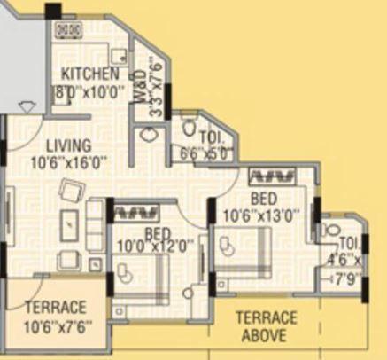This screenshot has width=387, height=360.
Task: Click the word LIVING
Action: tap(68, 145)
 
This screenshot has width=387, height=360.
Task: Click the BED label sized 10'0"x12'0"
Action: tap(157, 237)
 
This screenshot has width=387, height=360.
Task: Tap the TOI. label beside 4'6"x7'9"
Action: tap(349, 242)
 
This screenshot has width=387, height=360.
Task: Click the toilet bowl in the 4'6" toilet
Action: tap(332, 230)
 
